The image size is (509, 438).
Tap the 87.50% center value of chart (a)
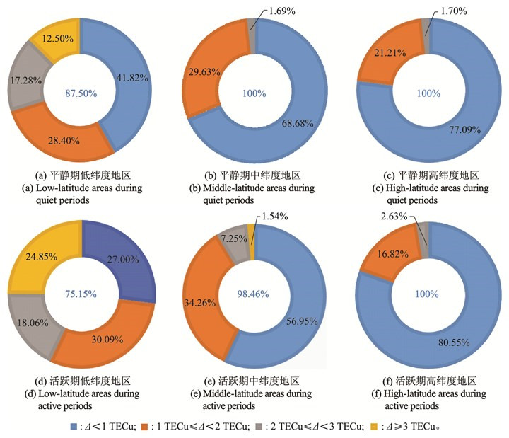pos(81,93)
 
